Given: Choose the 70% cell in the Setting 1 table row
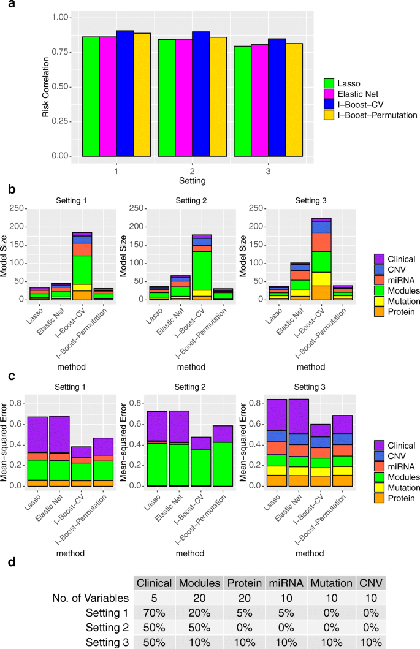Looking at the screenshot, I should click(153, 611).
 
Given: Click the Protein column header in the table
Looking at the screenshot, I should click(243, 582).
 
